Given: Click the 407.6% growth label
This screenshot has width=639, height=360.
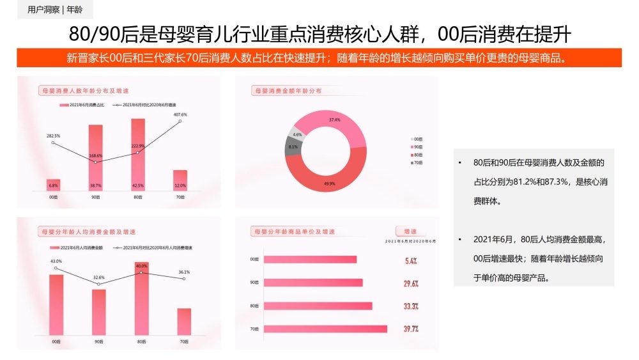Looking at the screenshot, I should [x=180, y=114].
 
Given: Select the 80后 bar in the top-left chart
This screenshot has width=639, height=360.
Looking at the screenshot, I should [x=138, y=153].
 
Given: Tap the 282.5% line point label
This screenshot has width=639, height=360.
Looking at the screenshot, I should [x=53, y=136].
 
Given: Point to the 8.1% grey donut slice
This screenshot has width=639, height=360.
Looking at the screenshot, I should [x=293, y=148].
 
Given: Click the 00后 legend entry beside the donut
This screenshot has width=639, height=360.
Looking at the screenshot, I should [x=417, y=139].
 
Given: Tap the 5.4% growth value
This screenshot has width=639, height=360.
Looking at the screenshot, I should [x=411, y=261].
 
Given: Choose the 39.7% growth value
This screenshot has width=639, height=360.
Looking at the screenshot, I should [x=411, y=329].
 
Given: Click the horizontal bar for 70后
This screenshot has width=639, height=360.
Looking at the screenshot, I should [x=325, y=329].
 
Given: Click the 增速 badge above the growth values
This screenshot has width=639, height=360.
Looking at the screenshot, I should [x=410, y=231].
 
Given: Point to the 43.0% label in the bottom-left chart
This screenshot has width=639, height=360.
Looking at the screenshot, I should [x=56, y=261].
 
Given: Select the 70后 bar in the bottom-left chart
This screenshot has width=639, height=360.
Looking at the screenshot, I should [x=184, y=322].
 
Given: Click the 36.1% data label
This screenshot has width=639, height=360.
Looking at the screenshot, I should [x=184, y=272].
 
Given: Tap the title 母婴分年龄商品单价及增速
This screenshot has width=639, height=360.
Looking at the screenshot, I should [x=294, y=231].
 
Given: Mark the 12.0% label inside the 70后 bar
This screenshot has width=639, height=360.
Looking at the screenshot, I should [x=180, y=185].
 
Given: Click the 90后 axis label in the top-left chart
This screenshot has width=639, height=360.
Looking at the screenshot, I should [x=96, y=198].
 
